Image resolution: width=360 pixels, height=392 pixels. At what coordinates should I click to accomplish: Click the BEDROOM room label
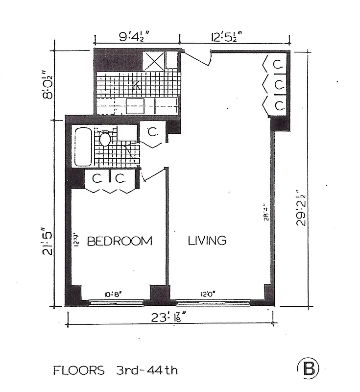click(120, 241)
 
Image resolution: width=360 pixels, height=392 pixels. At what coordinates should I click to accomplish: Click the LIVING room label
click(207, 241)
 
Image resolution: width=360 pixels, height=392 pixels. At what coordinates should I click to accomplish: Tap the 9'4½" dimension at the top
click(127, 37)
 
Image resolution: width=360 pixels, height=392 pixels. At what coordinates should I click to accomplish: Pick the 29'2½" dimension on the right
click(303, 208)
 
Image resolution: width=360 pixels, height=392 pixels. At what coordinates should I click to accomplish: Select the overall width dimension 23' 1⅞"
click(169, 318)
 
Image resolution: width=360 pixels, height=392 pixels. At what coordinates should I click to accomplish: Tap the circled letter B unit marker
click(308, 368)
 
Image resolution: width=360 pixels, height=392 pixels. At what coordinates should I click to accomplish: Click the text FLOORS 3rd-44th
click(115, 370)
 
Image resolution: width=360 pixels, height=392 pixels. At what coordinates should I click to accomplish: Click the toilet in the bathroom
click(104, 139)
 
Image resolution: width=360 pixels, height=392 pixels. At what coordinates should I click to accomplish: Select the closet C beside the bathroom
click(152, 133)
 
